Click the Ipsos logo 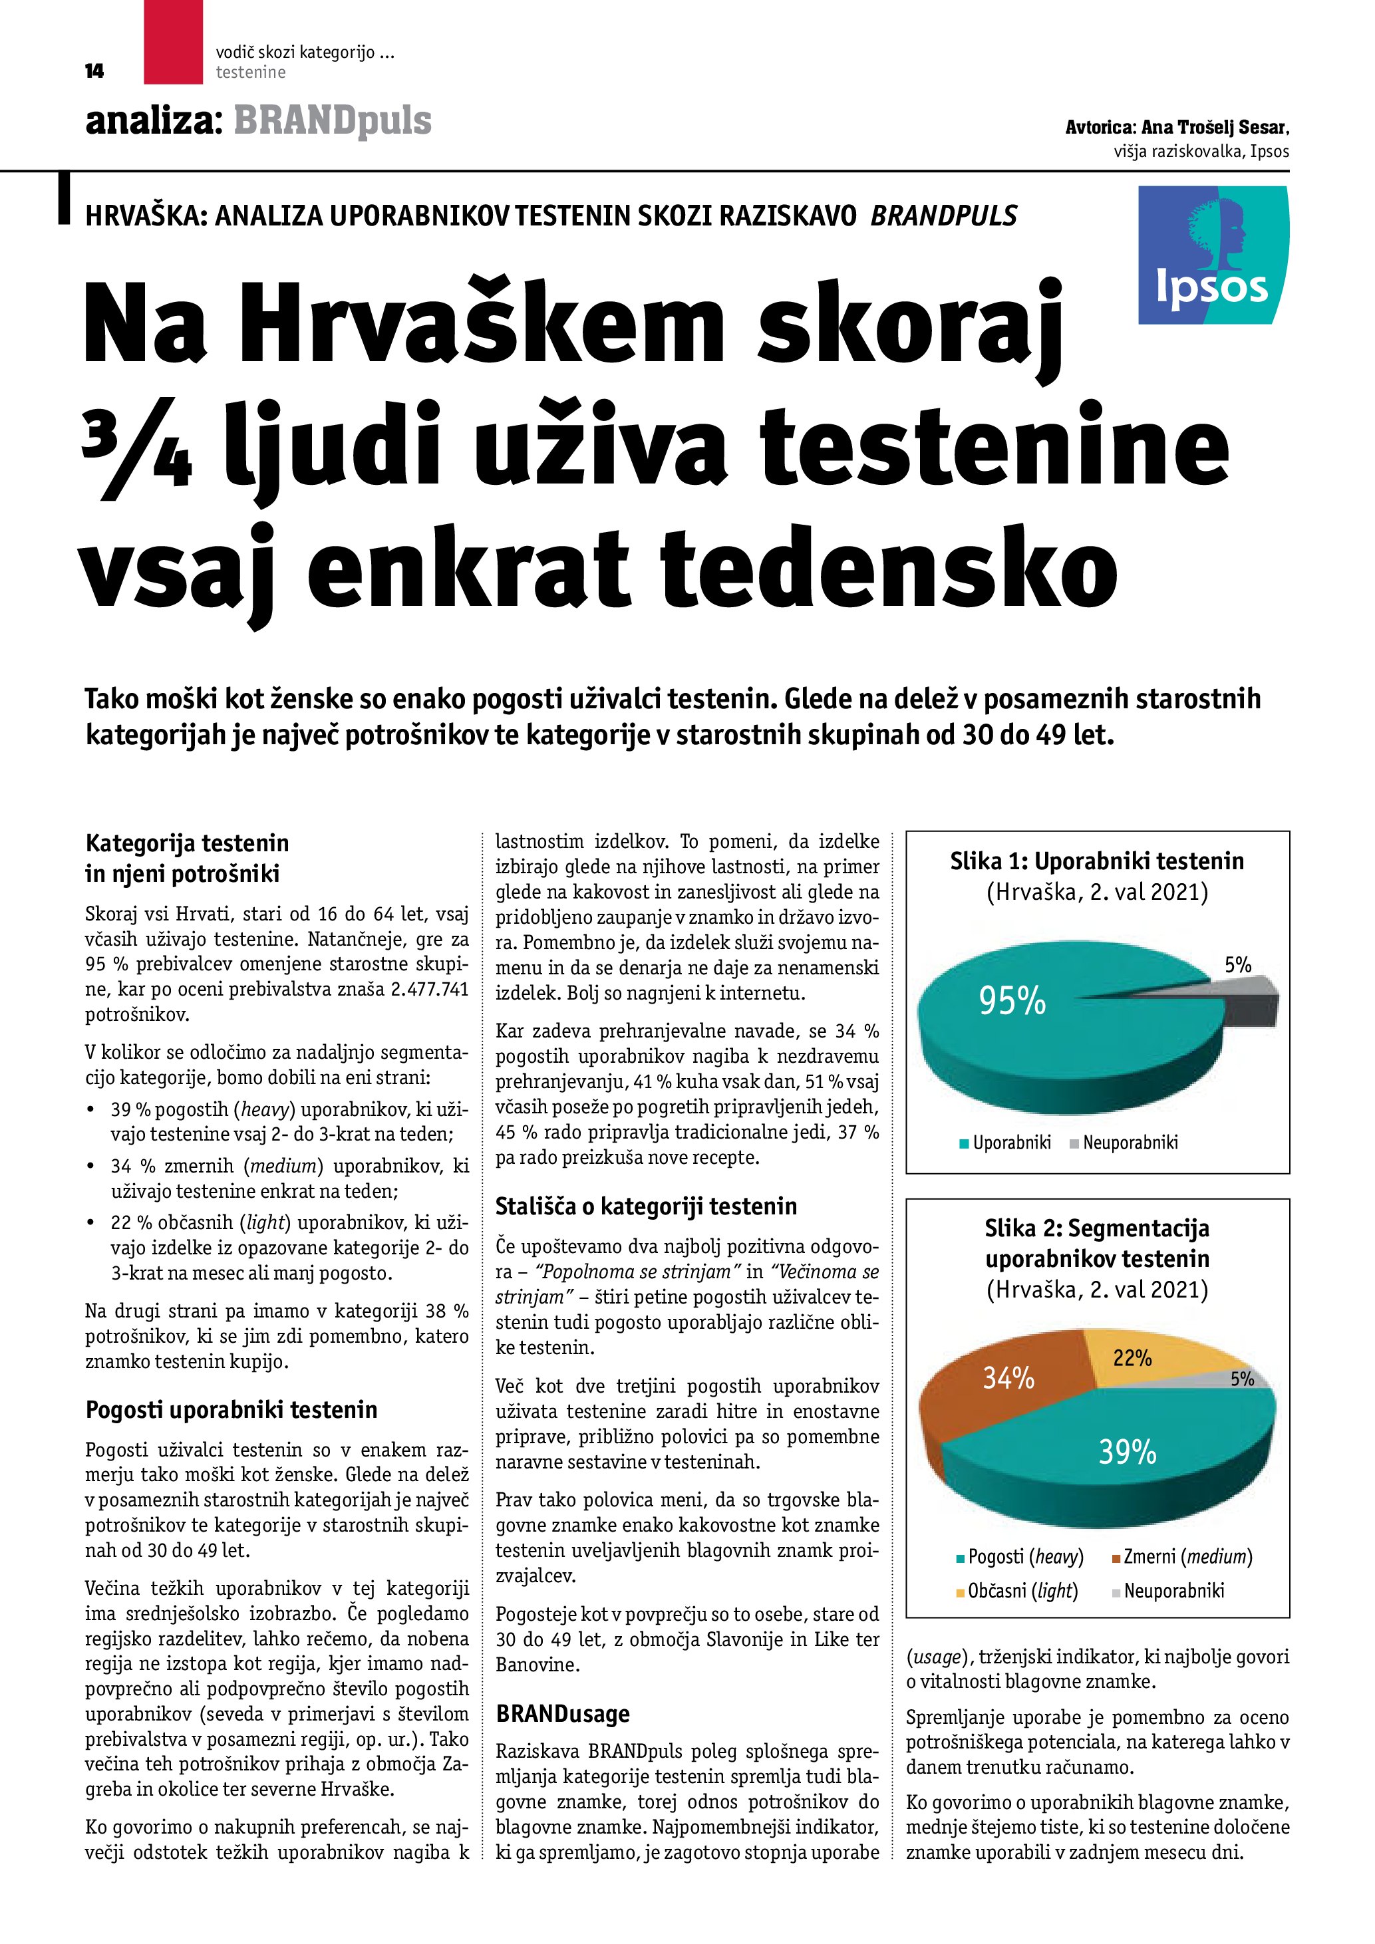(1213, 255)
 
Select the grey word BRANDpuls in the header (333, 121)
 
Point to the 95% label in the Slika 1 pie (1012, 1002)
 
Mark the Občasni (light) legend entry (1017, 1590)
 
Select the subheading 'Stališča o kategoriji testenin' (646, 1206)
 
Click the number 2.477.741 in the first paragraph (429, 990)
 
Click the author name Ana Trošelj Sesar (1214, 128)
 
